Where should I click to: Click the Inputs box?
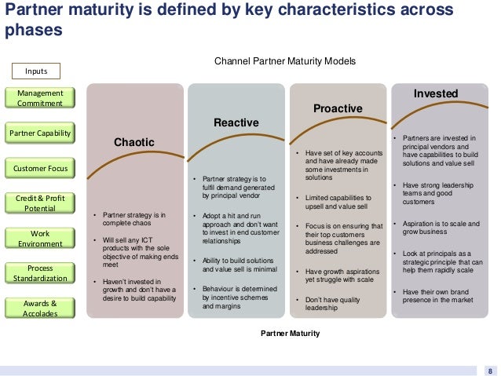(36, 71)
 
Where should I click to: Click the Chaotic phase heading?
(134, 141)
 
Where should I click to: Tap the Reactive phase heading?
(236, 123)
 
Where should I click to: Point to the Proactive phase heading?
(338, 108)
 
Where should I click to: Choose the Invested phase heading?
(436, 93)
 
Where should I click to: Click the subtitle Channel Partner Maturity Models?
(285, 60)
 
